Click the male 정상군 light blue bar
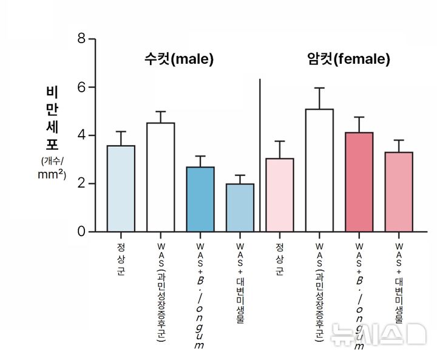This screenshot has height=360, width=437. [121, 188]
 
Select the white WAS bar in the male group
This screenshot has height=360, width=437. [160, 177]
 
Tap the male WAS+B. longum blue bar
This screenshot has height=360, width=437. [200, 199]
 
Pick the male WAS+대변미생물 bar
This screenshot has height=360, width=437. [240, 208]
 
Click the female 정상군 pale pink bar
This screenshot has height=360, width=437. [279, 195]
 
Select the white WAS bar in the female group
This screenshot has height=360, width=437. [319, 171]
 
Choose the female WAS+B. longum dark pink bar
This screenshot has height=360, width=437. [359, 182]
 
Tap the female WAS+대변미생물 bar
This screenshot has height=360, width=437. [399, 192]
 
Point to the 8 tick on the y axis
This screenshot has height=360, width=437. [81, 39]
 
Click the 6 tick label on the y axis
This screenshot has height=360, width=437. [81, 87]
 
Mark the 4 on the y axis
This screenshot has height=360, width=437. [81, 135]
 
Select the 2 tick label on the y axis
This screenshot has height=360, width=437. [81, 184]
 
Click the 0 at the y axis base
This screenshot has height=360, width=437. [81, 232]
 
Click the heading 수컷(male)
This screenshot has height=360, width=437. [179, 59]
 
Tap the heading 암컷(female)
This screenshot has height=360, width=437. [348, 59]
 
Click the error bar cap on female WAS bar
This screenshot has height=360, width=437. [319, 88]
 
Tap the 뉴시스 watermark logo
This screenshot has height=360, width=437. [378, 335]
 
